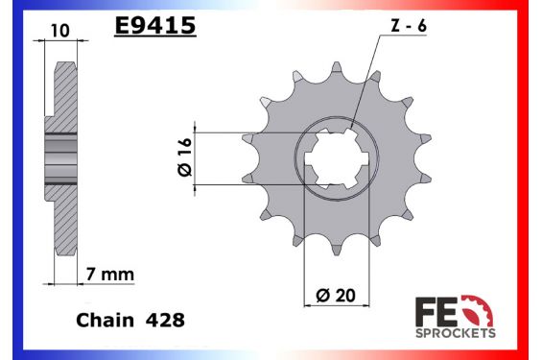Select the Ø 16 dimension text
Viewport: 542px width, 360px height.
185,156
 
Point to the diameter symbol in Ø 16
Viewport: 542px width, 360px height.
185,171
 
